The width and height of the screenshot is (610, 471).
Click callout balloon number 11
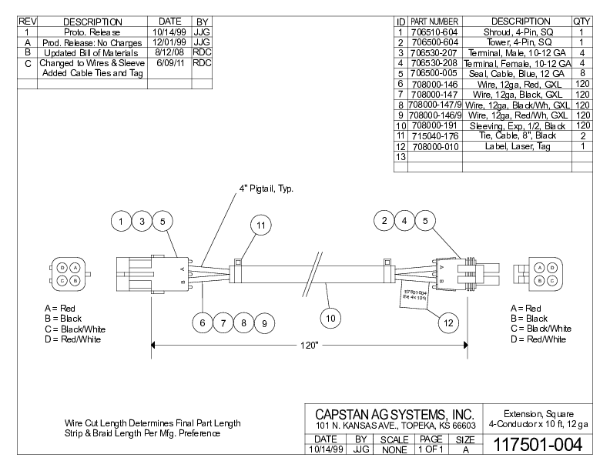pyautogui.click(x=262, y=225)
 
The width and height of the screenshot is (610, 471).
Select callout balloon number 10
pyautogui.click(x=329, y=316)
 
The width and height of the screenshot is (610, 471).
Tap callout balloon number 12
pyautogui.click(x=447, y=323)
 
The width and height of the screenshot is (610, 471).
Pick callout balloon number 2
pyautogui.click(x=384, y=222)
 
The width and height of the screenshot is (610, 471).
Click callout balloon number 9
pyautogui.click(x=263, y=324)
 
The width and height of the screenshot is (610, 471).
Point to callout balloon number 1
pyautogui.click(x=122, y=222)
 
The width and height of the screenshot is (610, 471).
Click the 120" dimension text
pyautogui.click(x=309, y=346)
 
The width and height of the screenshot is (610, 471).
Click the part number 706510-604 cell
pyautogui.click(x=434, y=32)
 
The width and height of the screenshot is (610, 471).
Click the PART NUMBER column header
pyautogui.click(x=434, y=21)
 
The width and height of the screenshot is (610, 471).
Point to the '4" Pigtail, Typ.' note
pyautogui.click(x=266, y=189)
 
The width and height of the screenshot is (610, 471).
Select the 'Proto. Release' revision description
pyautogui.click(x=92, y=32)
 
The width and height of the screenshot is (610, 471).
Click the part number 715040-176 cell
pyautogui.click(x=434, y=135)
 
